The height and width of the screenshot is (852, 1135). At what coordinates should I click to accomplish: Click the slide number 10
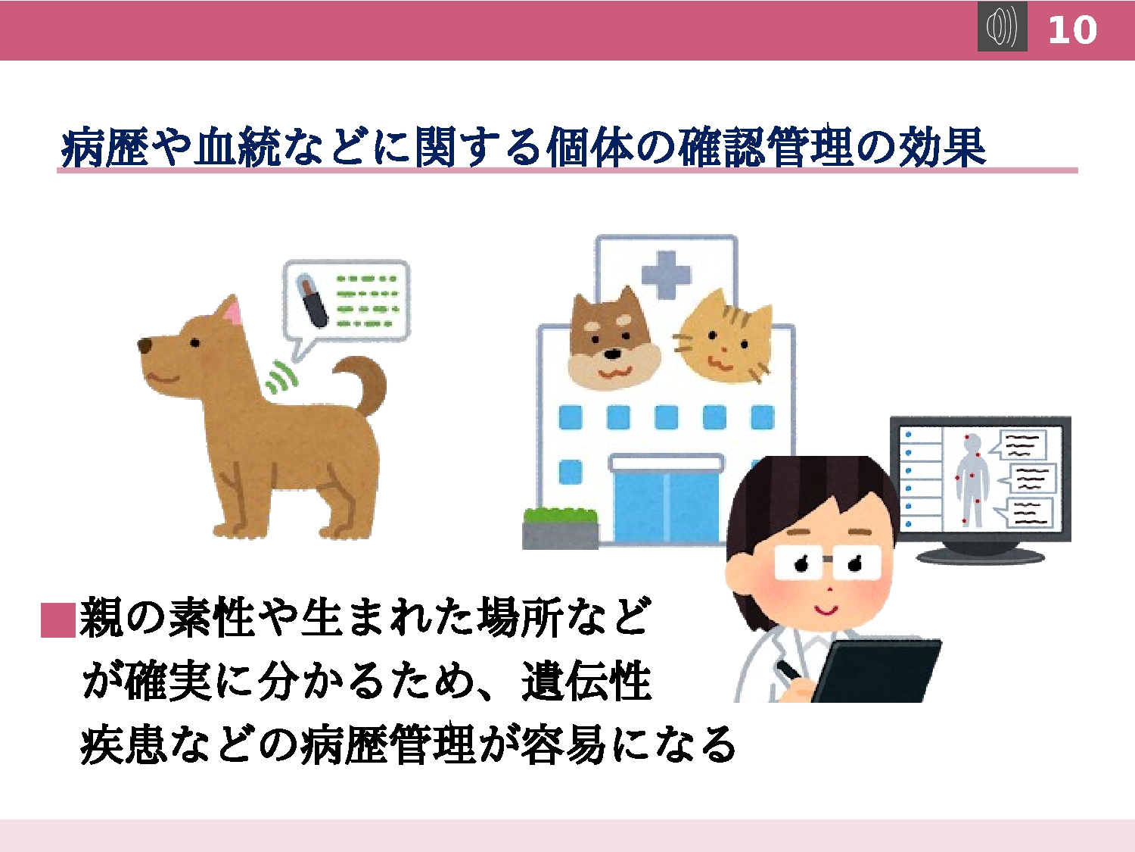pos(1072,30)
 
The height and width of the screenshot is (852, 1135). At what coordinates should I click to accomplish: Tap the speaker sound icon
pos(1002,27)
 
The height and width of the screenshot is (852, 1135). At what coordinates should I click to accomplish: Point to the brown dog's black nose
pos(145,345)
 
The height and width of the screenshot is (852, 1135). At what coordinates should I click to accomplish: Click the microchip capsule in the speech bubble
pos(312,300)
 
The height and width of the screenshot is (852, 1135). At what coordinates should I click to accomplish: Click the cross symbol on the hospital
pos(666,275)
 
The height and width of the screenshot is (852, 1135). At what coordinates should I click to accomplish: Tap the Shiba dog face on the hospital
pos(613,337)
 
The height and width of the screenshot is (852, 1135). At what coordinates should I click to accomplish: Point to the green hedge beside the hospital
pos(561,517)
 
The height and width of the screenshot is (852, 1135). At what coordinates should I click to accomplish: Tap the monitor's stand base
pos(981,556)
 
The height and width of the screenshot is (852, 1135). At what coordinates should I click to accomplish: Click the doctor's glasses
pos(827,562)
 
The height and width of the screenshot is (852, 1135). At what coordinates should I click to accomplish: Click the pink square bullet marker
pos(58,619)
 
